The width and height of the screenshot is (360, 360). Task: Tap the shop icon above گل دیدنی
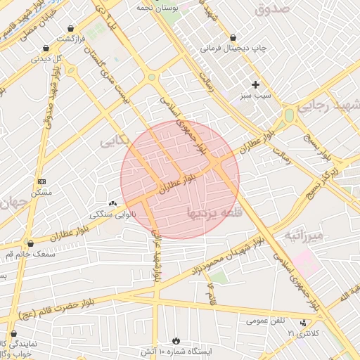click(x=46, y=49)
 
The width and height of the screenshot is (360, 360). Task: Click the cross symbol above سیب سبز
click(x=256, y=84)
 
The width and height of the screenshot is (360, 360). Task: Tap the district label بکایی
click(x=116, y=141)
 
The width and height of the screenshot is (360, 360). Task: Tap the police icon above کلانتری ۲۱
click(x=303, y=323)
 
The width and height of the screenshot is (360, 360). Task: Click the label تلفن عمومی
click(x=265, y=321)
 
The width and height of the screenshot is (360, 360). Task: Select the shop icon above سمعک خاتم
click(x=30, y=243)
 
